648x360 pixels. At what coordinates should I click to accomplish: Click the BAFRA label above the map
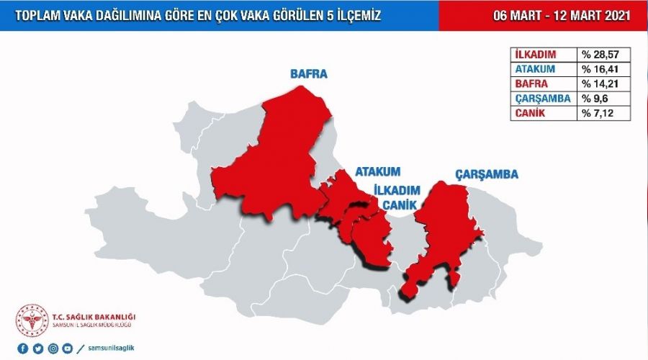(308, 74)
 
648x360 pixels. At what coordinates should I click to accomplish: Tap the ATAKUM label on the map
(377, 173)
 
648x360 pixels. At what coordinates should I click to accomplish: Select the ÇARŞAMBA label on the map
(487, 174)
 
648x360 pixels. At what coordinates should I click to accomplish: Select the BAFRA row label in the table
(531, 84)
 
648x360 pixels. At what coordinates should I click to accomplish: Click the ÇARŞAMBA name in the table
(542, 99)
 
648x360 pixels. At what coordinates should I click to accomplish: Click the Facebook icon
(23, 348)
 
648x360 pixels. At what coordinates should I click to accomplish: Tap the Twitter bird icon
(38, 348)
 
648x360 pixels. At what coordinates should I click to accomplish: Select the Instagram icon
(53, 348)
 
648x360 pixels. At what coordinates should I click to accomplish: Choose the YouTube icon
(68, 348)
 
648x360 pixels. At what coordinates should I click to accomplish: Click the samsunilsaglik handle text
(110, 348)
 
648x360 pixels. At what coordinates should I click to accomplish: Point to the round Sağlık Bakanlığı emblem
(32, 320)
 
